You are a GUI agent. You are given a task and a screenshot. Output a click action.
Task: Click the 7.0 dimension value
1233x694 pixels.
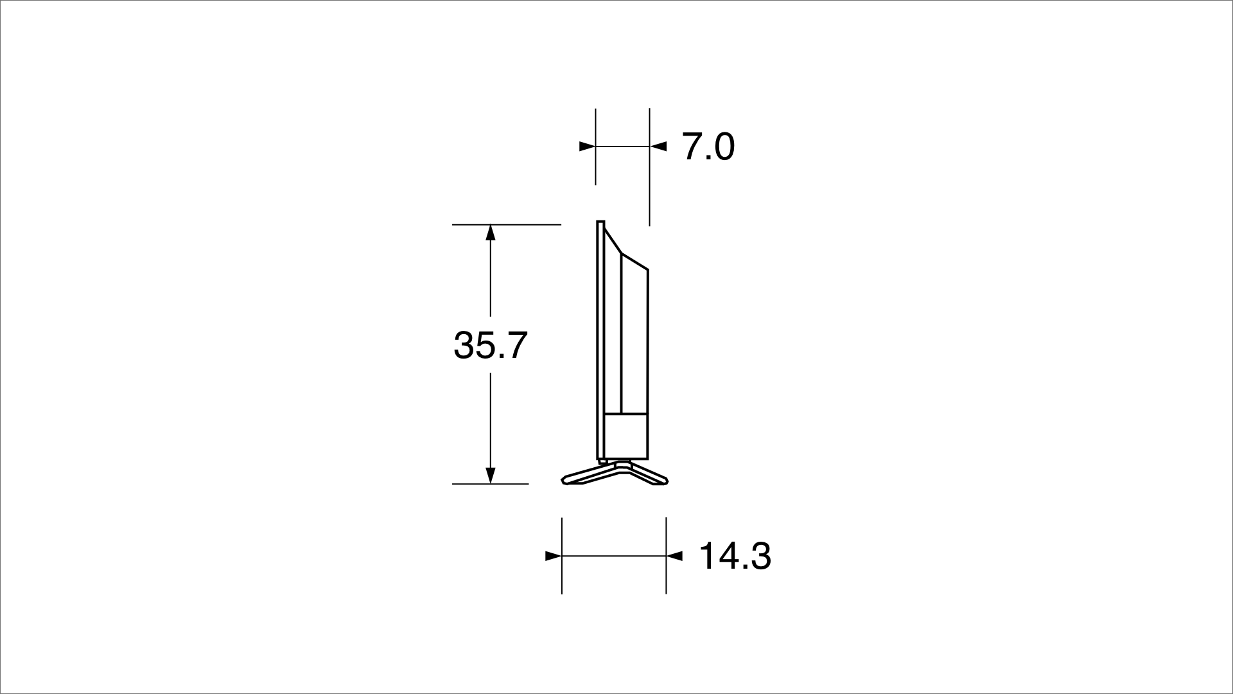pyautogui.click(x=708, y=147)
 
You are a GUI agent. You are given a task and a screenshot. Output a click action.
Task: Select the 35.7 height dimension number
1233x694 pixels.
pyautogui.click(x=490, y=345)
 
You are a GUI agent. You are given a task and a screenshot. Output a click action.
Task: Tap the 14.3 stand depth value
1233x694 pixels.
pyautogui.click(x=735, y=556)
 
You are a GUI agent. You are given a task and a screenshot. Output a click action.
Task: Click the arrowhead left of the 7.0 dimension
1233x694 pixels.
pyautogui.click(x=586, y=147)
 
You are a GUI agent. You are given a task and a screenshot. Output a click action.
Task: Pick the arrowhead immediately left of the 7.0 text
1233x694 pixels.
pyautogui.click(x=659, y=147)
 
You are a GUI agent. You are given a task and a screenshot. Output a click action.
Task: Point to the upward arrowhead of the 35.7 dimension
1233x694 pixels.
pyautogui.click(x=491, y=232)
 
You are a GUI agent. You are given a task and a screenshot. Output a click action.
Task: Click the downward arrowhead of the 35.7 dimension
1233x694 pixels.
pyautogui.click(x=491, y=476)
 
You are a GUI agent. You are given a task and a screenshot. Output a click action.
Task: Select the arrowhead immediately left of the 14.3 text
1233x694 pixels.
pyautogui.click(x=674, y=556)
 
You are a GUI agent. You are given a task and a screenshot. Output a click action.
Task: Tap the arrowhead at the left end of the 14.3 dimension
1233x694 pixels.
pyautogui.click(x=553, y=556)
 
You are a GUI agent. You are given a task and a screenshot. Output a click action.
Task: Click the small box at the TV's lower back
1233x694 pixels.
pyautogui.click(x=625, y=436)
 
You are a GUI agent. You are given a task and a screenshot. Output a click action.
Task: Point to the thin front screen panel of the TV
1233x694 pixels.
pyautogui.click(x=600, y=341)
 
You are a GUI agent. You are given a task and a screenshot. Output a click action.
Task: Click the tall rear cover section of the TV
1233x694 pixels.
pyautogui.click(x=634, y=341)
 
